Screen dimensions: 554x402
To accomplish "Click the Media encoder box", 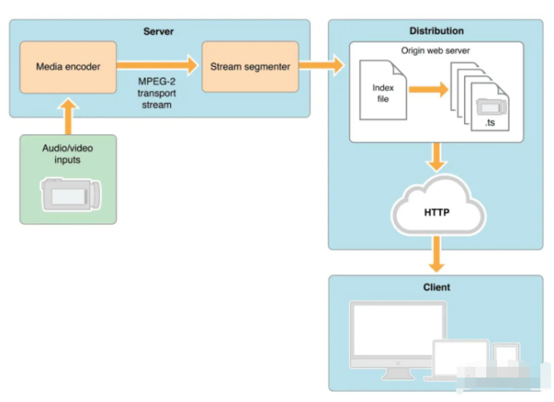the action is [68, 67].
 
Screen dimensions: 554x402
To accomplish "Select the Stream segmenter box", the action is [250, 67].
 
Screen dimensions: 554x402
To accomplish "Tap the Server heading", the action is [159, 32].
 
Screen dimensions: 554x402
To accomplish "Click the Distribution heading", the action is [436, 31].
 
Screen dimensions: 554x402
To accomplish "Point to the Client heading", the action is [436, 287].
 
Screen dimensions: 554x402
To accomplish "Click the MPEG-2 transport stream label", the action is [156, 93].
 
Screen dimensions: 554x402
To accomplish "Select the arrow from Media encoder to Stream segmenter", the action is [157, 65].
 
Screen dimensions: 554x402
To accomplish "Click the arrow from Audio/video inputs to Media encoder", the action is [68, 117].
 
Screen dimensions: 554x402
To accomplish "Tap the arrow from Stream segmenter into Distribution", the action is [321, 65].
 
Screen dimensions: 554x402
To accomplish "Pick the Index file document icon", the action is [382, 91].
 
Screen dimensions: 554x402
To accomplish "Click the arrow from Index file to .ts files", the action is [429, 90].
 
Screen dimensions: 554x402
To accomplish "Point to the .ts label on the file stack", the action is [489, 123].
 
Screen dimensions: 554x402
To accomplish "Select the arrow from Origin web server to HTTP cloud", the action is [437, 157].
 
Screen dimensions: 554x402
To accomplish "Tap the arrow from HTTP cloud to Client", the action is [437, 254].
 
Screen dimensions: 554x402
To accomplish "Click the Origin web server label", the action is [436, 51].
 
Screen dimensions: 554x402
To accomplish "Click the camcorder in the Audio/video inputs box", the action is [71, 194].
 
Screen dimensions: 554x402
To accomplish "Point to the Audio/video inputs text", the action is [68, 154].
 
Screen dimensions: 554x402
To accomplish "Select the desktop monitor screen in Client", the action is [399, 330].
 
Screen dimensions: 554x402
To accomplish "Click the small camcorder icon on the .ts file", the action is [492, 107].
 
